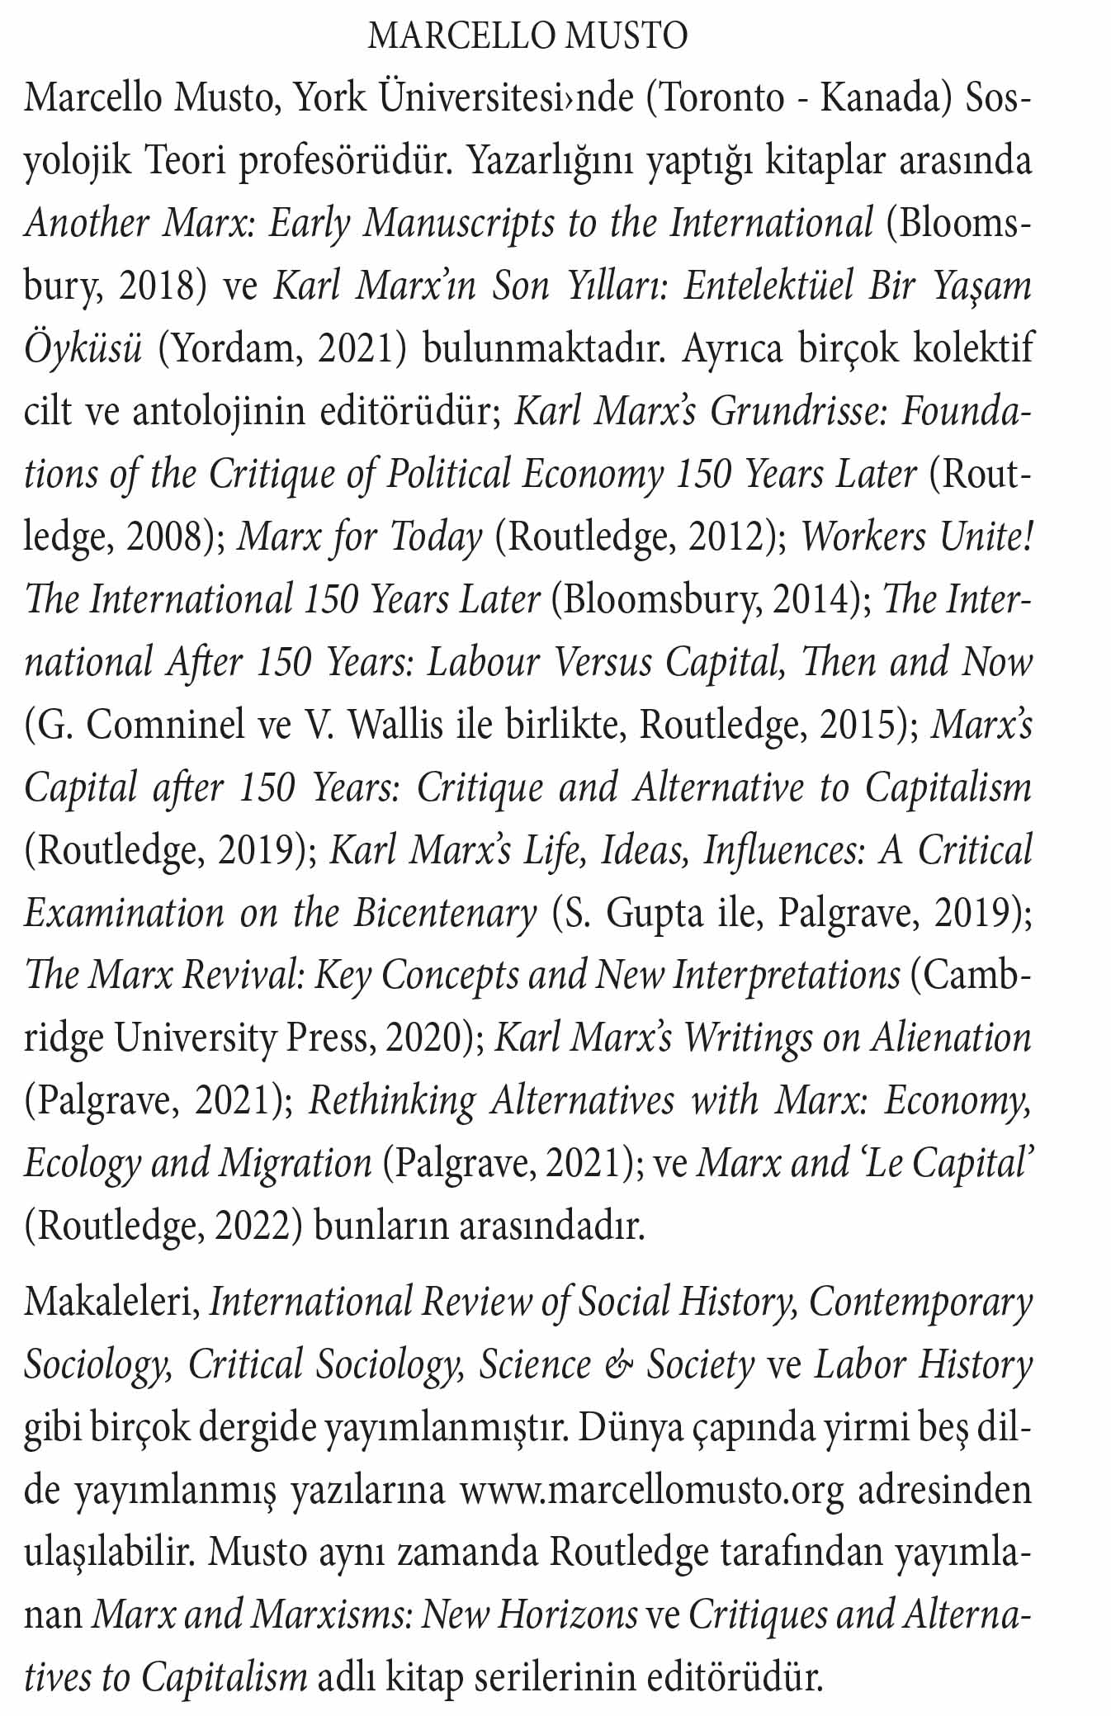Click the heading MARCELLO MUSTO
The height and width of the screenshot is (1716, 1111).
pos(527,36)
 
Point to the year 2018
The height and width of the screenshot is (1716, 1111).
pos(161,286)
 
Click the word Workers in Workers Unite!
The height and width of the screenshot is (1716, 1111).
pos(863,537)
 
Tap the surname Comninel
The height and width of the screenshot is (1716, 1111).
pos(164,725)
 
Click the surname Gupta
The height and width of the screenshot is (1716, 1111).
pos(655,913)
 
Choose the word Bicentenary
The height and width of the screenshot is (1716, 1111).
pos(446,913)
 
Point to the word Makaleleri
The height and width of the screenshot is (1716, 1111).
pos(112,1302)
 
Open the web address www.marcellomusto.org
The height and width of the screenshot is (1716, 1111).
pos(652,1491)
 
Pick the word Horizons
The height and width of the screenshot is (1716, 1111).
pos(577,1615)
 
